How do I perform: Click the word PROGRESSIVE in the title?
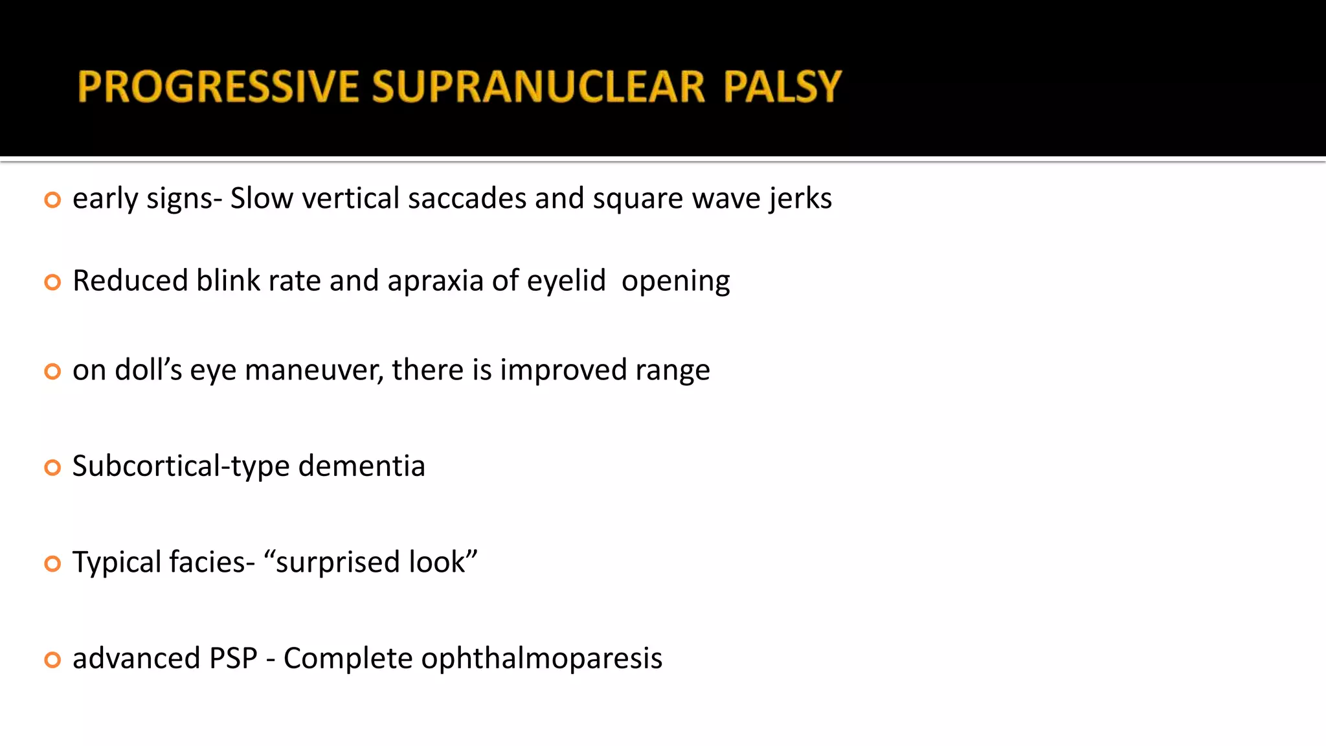[218, 87]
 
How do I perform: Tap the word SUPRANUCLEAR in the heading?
[538, 87]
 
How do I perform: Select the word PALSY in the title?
[782, 87]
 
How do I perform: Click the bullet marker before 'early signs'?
[52, 199]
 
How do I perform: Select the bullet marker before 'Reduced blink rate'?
[52, 282]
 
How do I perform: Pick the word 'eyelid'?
[566, 281]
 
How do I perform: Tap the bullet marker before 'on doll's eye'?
[52, 371]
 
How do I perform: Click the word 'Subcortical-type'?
[181, 466]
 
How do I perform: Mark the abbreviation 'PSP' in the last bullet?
[233, 659]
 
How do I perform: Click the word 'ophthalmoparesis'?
[541, 659]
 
